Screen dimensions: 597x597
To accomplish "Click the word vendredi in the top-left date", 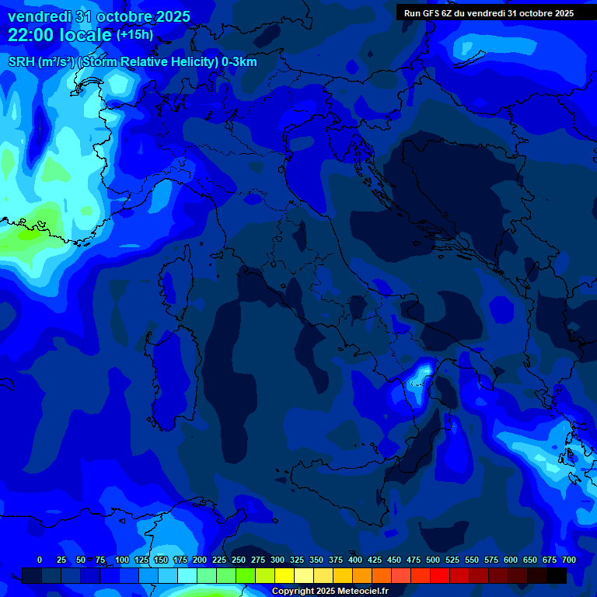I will pyautogui.click(x=40, y=16).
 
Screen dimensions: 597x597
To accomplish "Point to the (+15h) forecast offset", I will pyautogui.click(x=134, y=35).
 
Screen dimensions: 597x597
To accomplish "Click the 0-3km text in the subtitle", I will pyautogui.click(x=239, y=62).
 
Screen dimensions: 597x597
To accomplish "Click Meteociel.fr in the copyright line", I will pyautogui.click(x=359, y=592).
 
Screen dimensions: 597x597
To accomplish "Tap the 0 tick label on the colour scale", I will pyautogui.click(x=40, y=560).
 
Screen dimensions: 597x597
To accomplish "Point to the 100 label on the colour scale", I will pyautogui.click(x=122, y=560).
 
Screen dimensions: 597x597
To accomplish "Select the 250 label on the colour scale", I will pyautogui.click(x=239, y=560).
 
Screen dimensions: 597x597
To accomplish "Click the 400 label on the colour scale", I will pyautogui.click(x=355, y=560).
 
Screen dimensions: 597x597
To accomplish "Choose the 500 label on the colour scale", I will pyautogui.click(x=433, y=560).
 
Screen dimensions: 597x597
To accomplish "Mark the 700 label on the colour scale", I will pyautogui.click(x=569, y=560).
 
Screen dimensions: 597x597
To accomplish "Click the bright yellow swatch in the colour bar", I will pyautogui.click(x=285, y=575).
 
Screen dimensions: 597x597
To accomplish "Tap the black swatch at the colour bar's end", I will pyautogui.click(x=557, y=575).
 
